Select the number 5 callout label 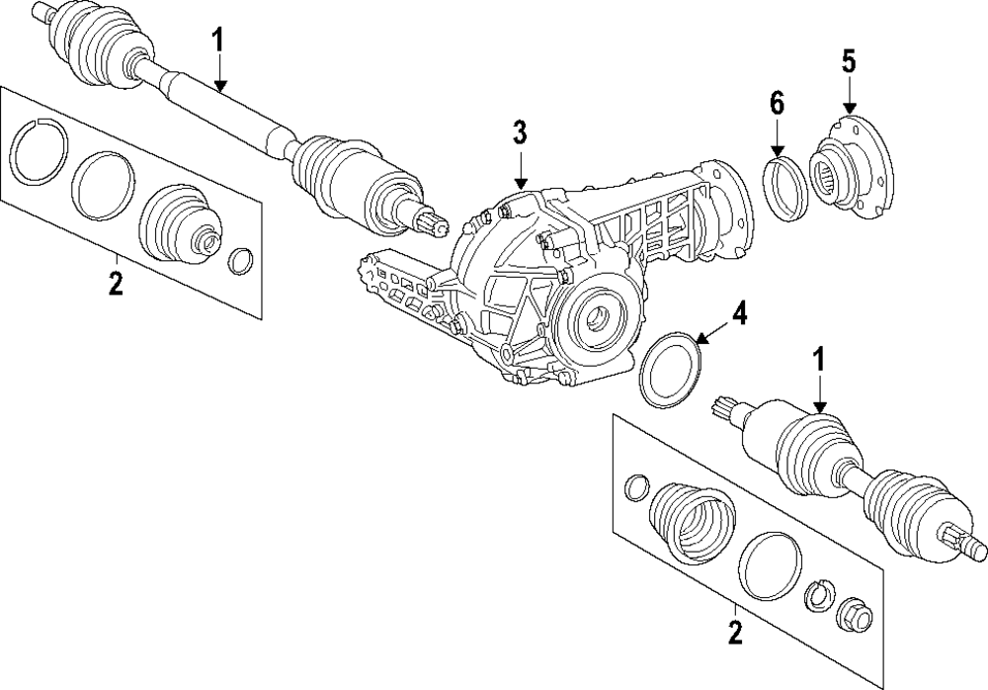coord(849,61)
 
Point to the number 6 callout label coord(777,102)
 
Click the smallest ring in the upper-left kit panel coord(240,261)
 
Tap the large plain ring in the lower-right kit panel coord(772,565)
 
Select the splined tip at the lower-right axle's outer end coord(965,543)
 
